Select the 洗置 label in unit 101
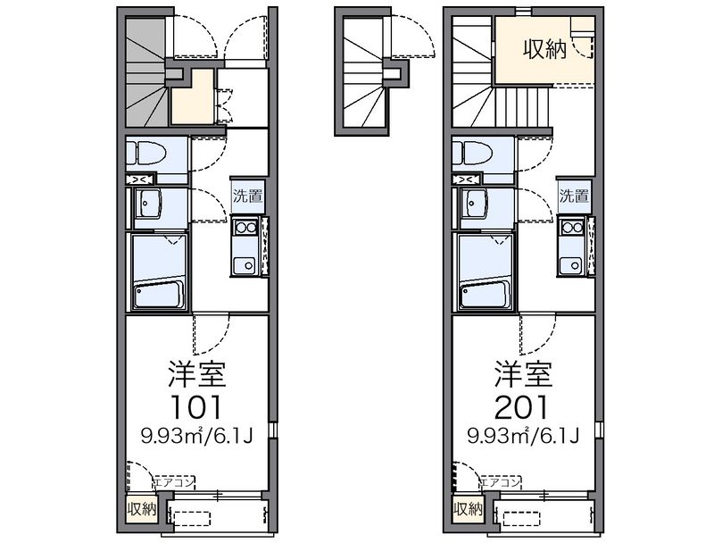(x=248, y=196)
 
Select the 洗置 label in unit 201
(x=574, y=196)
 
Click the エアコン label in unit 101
(x=174, y=482)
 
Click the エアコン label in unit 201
(x=501, y=482)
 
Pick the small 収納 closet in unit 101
(x=142, y=509)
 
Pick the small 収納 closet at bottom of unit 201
(x=468, y=509)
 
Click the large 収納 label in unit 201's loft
(x=544, y=49)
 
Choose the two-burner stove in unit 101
(x=245, y=227)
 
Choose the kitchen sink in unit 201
(x=571, y=265)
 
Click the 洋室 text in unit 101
(x=196, y=374)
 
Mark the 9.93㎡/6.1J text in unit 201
(x=523, y=437)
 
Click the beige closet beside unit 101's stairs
(x=192, y=97)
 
